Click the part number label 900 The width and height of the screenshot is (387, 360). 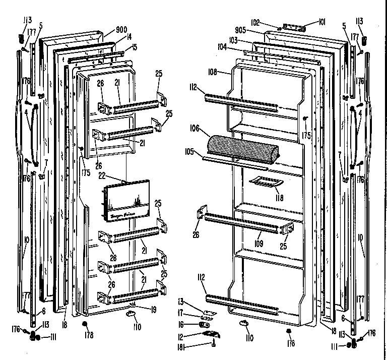pos(107,29)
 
